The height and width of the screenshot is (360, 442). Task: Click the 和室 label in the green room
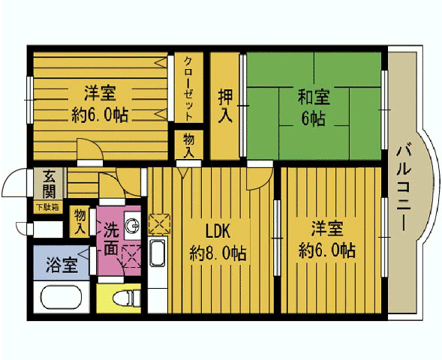314,97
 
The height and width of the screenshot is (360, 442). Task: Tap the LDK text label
218,232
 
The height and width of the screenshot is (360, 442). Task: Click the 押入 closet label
225,106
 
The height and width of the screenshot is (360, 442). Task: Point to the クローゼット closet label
188,88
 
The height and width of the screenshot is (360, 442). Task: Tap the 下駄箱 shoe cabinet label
47,208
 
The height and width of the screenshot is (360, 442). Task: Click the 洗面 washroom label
111,239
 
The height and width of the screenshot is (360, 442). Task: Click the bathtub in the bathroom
62,296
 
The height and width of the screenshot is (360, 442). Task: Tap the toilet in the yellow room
126,298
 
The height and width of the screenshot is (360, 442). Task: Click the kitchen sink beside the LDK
158,253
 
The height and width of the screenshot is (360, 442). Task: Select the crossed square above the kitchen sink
160,224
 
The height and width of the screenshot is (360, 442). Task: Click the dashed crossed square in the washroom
131,256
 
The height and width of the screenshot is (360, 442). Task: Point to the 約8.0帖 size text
218,253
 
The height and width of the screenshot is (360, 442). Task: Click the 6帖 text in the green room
313,118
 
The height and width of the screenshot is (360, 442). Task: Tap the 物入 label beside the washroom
80,222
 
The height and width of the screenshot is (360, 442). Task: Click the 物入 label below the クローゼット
188,145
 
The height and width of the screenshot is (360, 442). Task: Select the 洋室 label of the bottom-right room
327,229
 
